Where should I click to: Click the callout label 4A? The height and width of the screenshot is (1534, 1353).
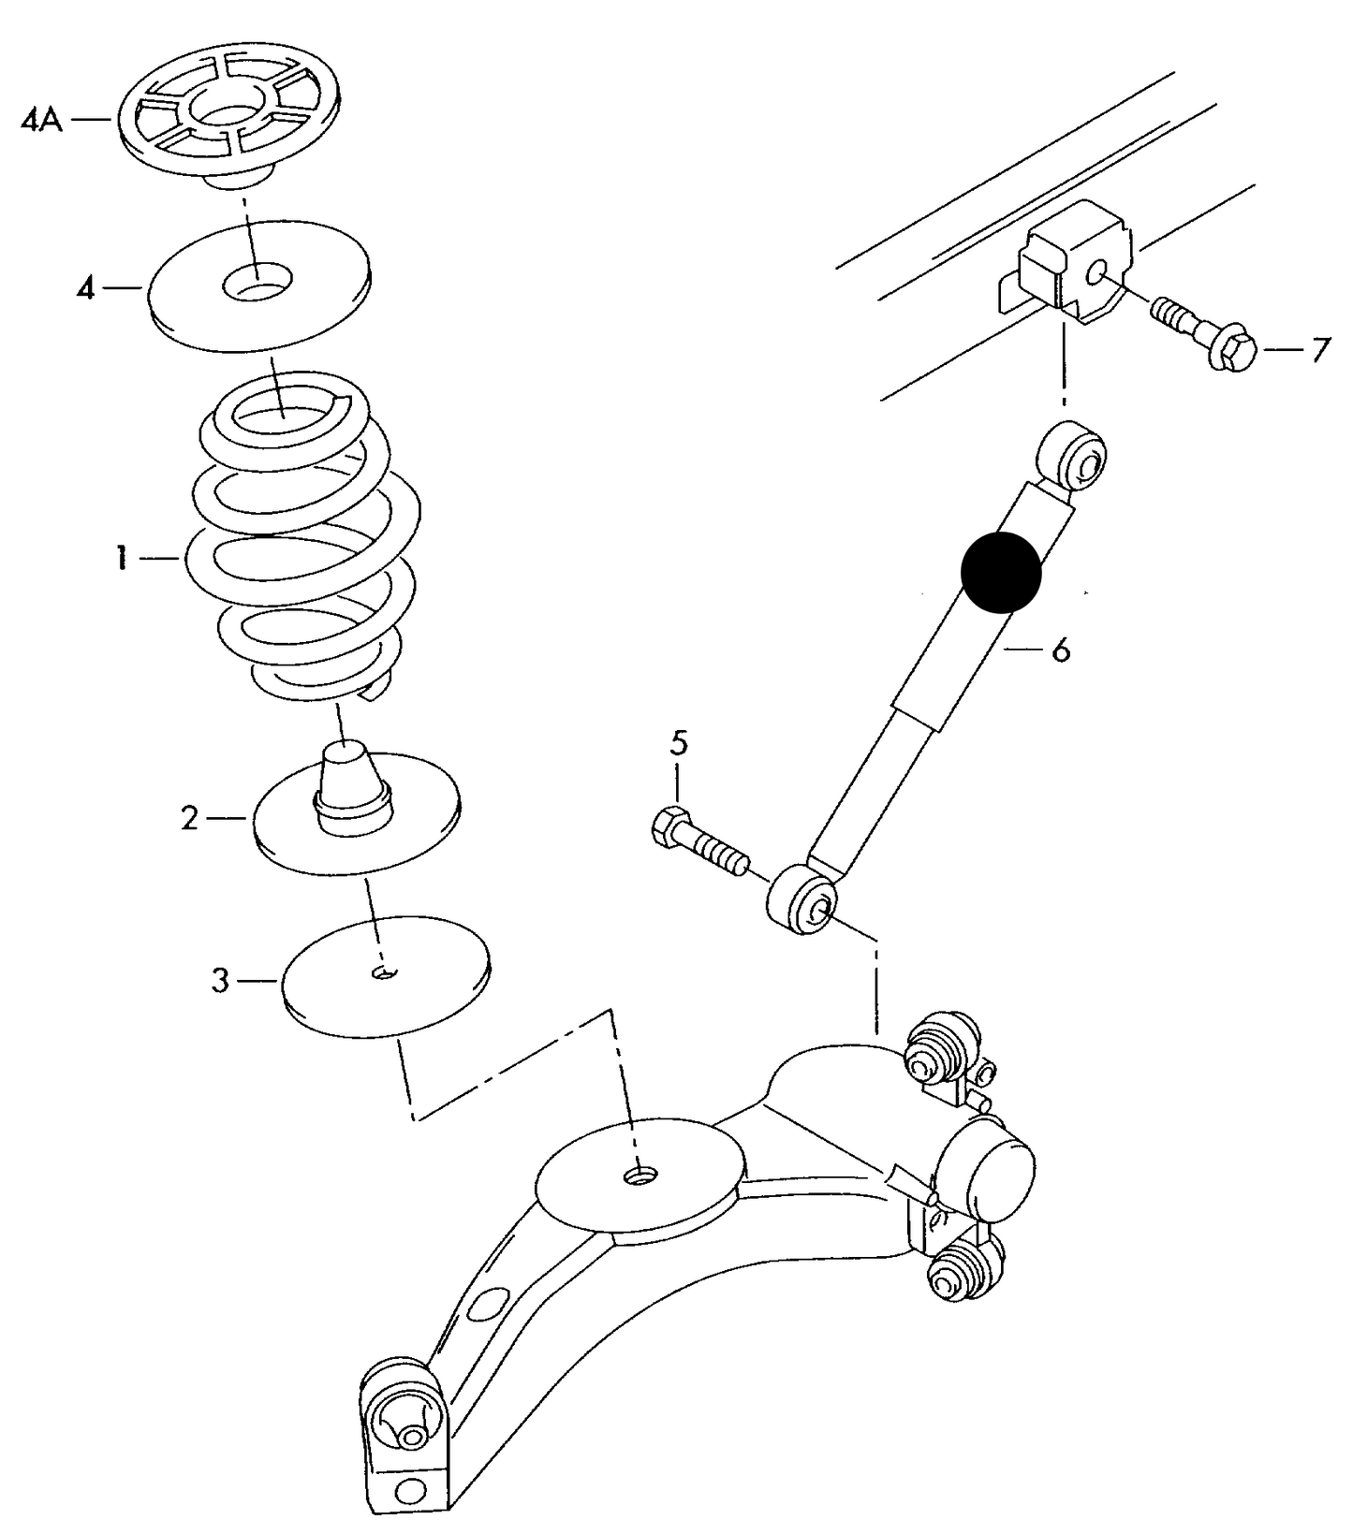click(x=41, y=121)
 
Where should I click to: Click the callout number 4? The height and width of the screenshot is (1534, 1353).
click(x=85, y=288)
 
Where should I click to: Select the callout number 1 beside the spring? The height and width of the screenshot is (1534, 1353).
click(x=121, y=559)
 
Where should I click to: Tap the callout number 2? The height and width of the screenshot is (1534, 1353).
click(x=190, y=819)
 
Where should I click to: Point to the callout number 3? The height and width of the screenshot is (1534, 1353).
click(x=219, y=981)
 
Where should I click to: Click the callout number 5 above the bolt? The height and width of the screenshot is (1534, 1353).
click(x=679, y=744)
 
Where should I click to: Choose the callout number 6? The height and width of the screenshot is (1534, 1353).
click(x=1060, y=650)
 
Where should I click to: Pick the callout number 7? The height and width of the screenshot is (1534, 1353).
click(x=1319, y=351)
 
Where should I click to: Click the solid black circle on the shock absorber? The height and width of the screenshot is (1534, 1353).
click(x=1001, y=572)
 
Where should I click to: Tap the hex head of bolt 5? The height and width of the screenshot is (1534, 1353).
click(x=667, y=825)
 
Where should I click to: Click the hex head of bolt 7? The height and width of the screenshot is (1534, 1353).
click(x=1232, y=348)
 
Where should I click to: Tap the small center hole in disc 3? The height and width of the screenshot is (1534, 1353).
click(x=384, y=973)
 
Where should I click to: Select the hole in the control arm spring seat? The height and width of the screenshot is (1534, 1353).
click(x=640, y=1175)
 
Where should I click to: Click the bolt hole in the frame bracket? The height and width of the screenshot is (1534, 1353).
click(x=1097, y=272)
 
